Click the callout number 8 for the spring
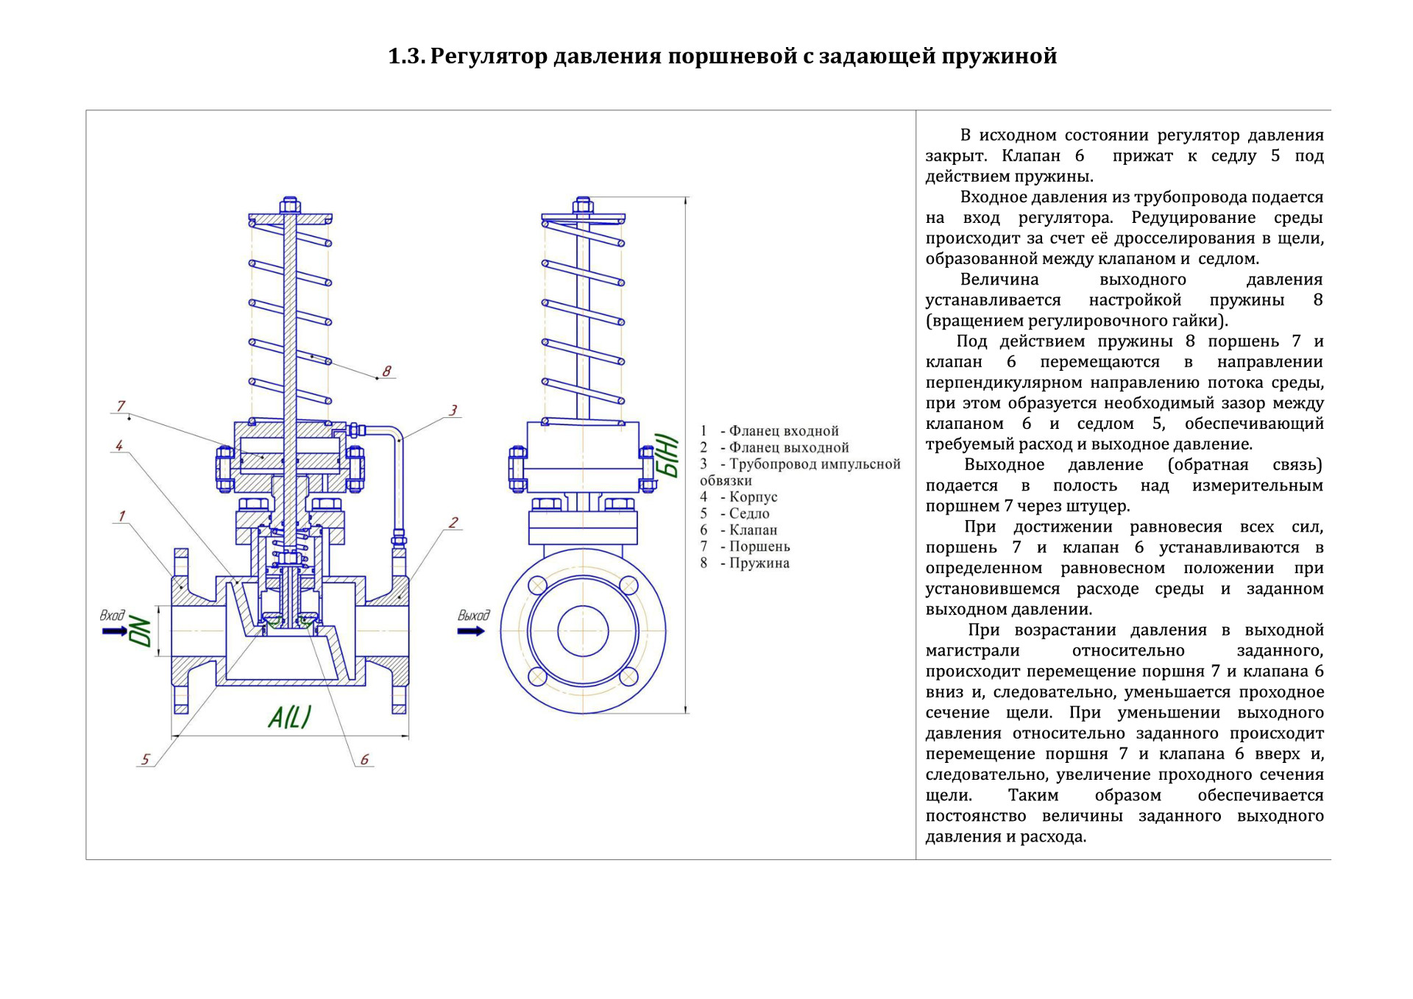click(386, 371)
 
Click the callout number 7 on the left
click(121, 406)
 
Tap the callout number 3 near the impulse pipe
click(453, 410)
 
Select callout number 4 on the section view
click(118, 445)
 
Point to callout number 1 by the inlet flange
click(121, 516)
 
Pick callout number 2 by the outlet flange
click(453, 522)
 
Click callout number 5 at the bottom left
click(146, 759)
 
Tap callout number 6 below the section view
click(364, 759)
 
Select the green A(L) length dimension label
click(289, 717)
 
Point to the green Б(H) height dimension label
click(667, 456)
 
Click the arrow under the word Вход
click(115, 631)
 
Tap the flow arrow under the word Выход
click(471, 631)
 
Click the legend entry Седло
click(748, 513)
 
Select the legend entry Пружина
click(759, 563)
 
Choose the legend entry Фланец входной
click(783, 431)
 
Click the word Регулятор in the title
click(489, 56)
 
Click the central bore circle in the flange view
click(583, 631)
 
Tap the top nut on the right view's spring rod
click(583, 204)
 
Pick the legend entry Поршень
click(759, 547)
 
